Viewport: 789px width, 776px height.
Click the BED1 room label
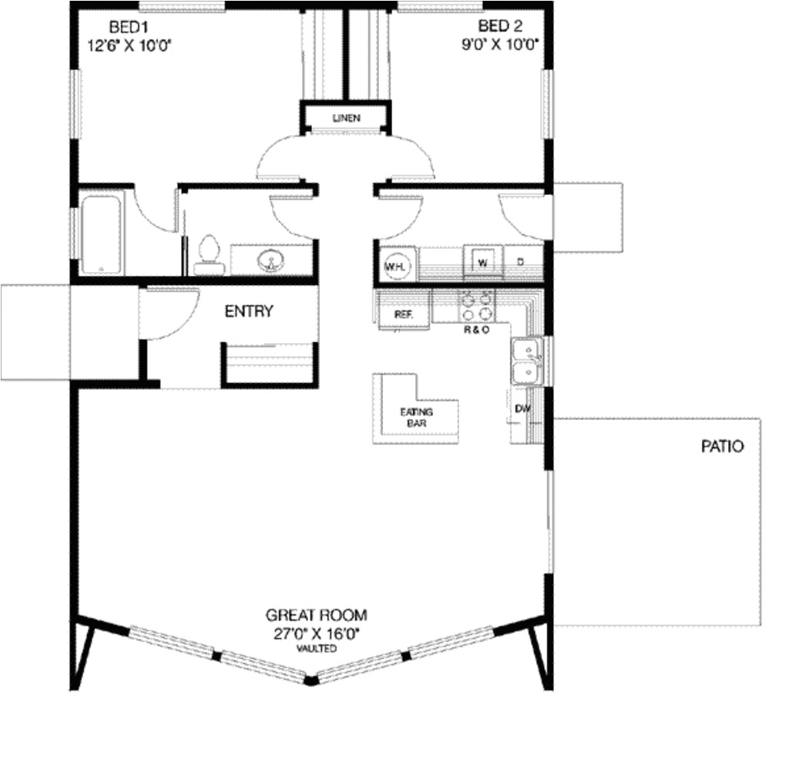(129, 26)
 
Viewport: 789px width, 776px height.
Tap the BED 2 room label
(500, 25)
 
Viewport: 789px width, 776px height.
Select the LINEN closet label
(346, 118)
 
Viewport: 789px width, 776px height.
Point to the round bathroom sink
(270, 260)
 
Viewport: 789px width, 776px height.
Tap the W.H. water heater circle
(397, 266)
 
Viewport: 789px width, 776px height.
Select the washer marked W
(483, 261)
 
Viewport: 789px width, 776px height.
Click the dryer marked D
(522, 262)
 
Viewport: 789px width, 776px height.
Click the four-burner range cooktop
(476, 306)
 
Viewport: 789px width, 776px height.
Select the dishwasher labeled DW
(523, 408)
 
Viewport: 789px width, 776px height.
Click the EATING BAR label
(417, 418)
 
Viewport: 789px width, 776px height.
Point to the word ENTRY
(249, 311)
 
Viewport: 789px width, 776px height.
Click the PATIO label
(722, 446)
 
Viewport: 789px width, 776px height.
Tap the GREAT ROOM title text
(317, 615)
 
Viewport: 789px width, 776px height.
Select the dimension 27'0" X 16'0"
(317, 633)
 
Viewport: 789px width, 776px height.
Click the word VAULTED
(317, 649)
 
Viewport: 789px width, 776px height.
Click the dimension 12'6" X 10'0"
(129, 45)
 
